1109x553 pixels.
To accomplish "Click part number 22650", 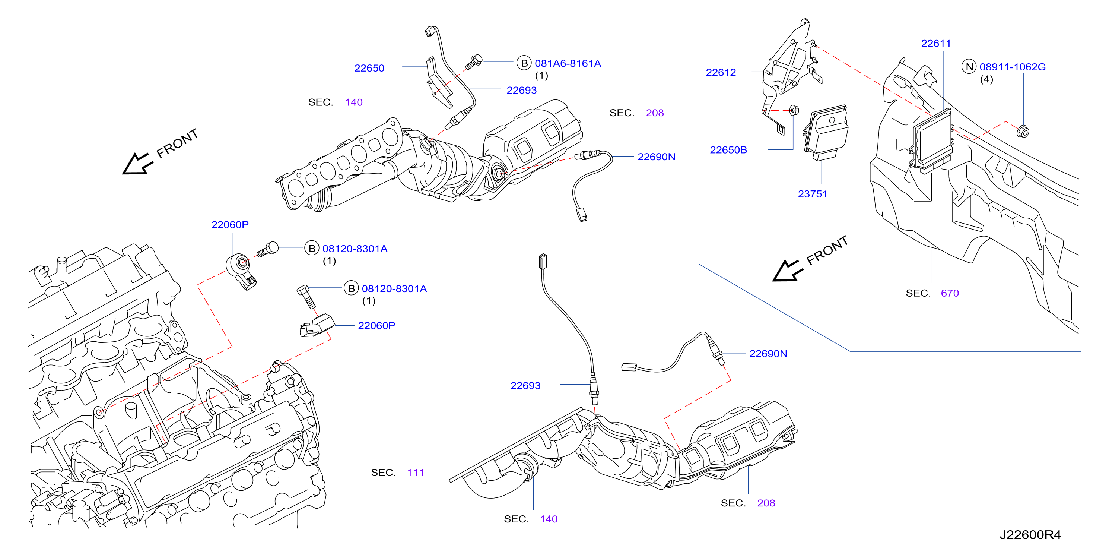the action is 369,68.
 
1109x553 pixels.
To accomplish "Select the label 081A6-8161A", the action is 568,63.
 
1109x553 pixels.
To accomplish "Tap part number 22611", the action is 935,44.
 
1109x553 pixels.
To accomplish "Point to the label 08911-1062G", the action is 1012,67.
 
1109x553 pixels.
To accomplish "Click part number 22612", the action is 721,72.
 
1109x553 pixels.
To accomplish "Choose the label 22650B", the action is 728,150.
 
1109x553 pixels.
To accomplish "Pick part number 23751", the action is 812,194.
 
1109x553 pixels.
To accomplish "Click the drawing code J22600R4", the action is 1030,534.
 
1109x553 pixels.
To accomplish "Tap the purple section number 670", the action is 949,293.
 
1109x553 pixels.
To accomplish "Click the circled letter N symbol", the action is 969,67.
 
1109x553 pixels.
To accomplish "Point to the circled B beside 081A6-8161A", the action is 524,63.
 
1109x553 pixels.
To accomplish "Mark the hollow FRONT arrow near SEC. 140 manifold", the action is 137,164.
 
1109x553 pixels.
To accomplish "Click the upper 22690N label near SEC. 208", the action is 656,157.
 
